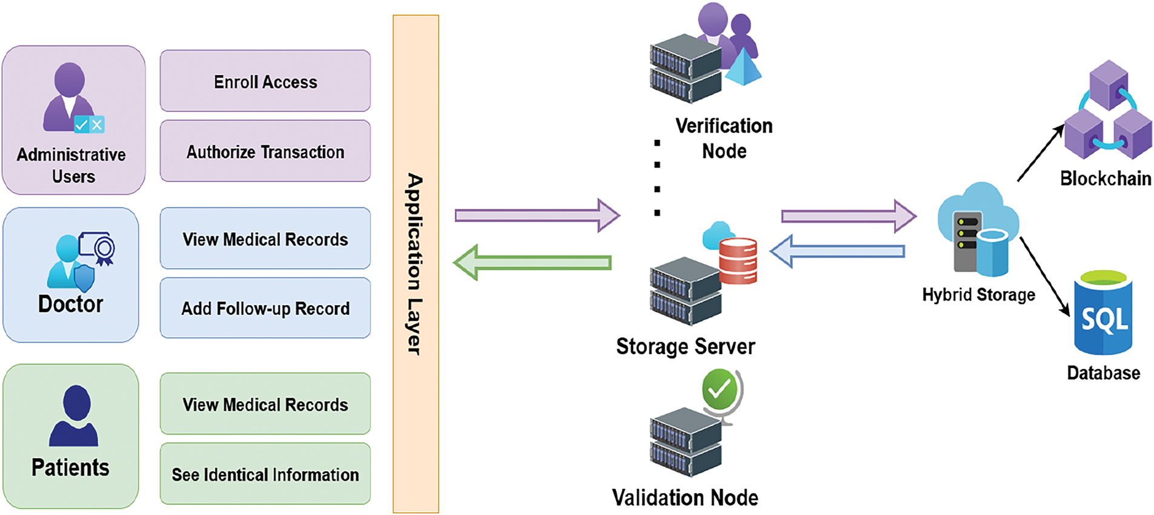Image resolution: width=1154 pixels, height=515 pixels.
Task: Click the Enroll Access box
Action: (x=265, y=81)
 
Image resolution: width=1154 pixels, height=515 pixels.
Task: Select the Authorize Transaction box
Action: (x=265, y=151)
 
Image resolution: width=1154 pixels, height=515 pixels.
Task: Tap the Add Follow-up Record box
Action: (x=265, y=308)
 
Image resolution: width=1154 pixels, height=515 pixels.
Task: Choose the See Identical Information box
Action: (x=265, y=474)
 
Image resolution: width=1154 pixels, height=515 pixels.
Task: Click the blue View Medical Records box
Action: (x=265, y=238)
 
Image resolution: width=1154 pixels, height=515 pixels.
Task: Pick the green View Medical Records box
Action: (x=265, y=404)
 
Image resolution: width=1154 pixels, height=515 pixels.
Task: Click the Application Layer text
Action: (x=415, y=264)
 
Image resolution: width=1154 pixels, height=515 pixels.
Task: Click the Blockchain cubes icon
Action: (x=1108, y=113)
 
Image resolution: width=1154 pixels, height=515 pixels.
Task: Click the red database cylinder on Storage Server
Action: (x=738, y=261)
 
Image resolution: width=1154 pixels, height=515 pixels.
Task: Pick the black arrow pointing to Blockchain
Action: (x=1040, y=153)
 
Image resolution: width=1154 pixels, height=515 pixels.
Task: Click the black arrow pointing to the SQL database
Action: (x=1044, y=276)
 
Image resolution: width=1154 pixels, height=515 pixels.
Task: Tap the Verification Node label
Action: (x=724, y=138)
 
